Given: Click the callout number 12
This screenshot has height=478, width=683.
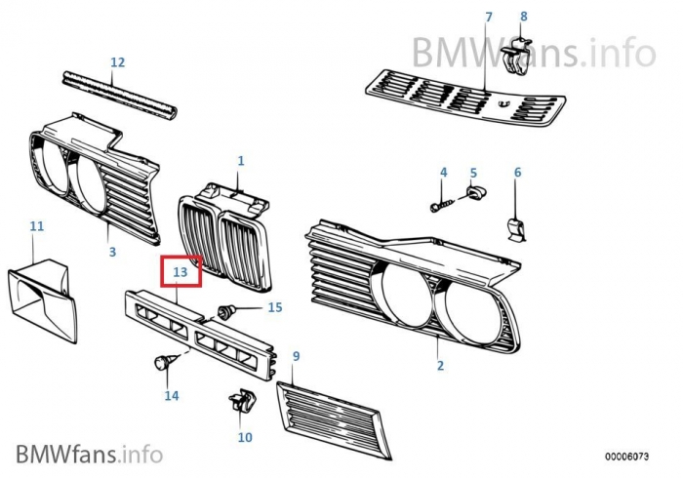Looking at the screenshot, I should (x=117, y=62).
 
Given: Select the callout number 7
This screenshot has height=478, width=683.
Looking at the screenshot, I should (x=489, y=17).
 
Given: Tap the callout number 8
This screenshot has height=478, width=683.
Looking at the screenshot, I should (x=523, y=16).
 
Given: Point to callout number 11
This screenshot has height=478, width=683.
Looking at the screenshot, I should (x=36, y=226).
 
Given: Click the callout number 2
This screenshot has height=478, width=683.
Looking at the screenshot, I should (x=440, y=366).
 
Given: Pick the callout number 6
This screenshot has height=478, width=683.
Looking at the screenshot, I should (x=517, y=173).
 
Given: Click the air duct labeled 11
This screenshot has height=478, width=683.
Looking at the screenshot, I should (x=43, y=298).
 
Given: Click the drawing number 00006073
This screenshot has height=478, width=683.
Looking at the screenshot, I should (x=628, y=456).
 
